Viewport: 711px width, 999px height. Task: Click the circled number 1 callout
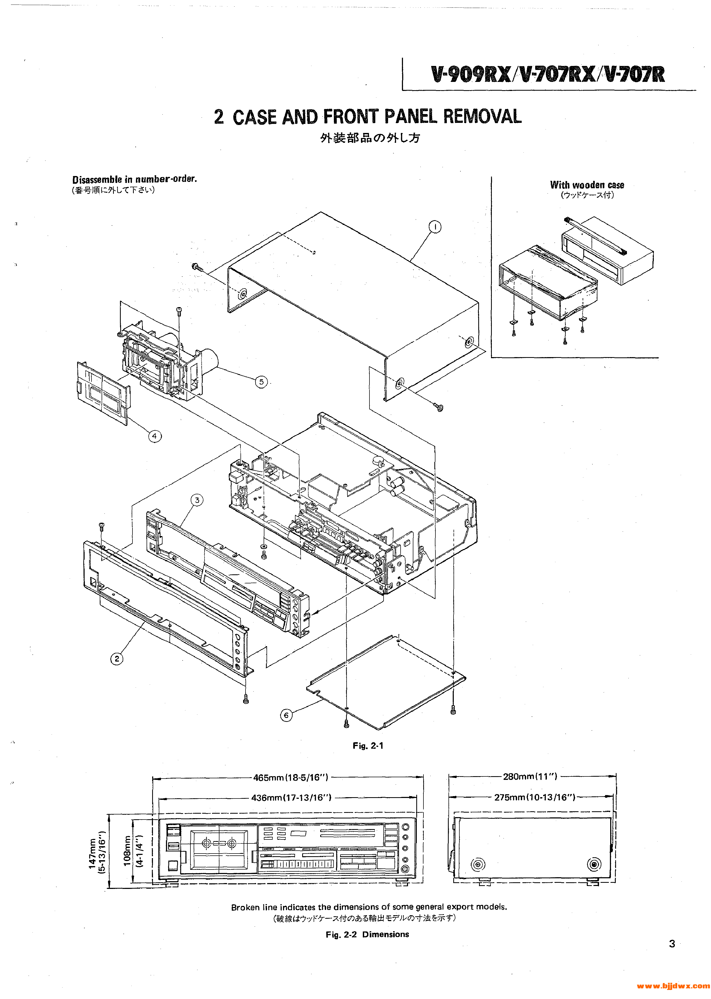tap(434, 227)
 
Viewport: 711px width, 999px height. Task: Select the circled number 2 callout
tap(117, 671)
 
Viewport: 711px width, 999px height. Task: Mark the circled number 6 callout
tap(286, 715)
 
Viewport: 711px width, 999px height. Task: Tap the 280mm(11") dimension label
tap(530, 777)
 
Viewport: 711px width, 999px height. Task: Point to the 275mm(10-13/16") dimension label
tap(534, 797)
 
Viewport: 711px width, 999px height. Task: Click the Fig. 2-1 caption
tap(368, 746)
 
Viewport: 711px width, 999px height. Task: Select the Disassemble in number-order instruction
tap(134, 179)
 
